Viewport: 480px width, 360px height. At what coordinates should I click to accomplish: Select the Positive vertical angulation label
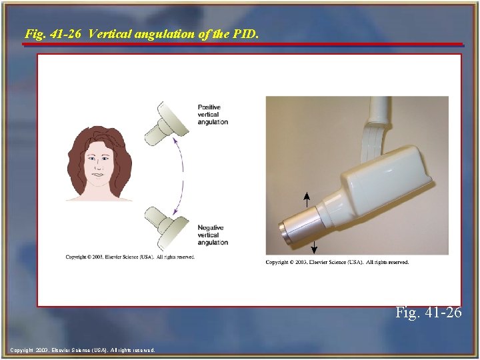213,115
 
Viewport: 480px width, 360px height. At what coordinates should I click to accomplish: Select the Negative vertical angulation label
213,235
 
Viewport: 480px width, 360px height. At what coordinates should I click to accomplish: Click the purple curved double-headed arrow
184,175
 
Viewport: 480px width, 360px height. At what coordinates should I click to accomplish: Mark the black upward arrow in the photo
307,199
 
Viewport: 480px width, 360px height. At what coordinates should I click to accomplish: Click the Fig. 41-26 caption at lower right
428,311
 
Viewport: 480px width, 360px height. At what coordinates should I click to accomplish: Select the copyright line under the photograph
337,262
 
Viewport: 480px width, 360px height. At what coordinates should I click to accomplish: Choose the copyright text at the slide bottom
83,350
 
